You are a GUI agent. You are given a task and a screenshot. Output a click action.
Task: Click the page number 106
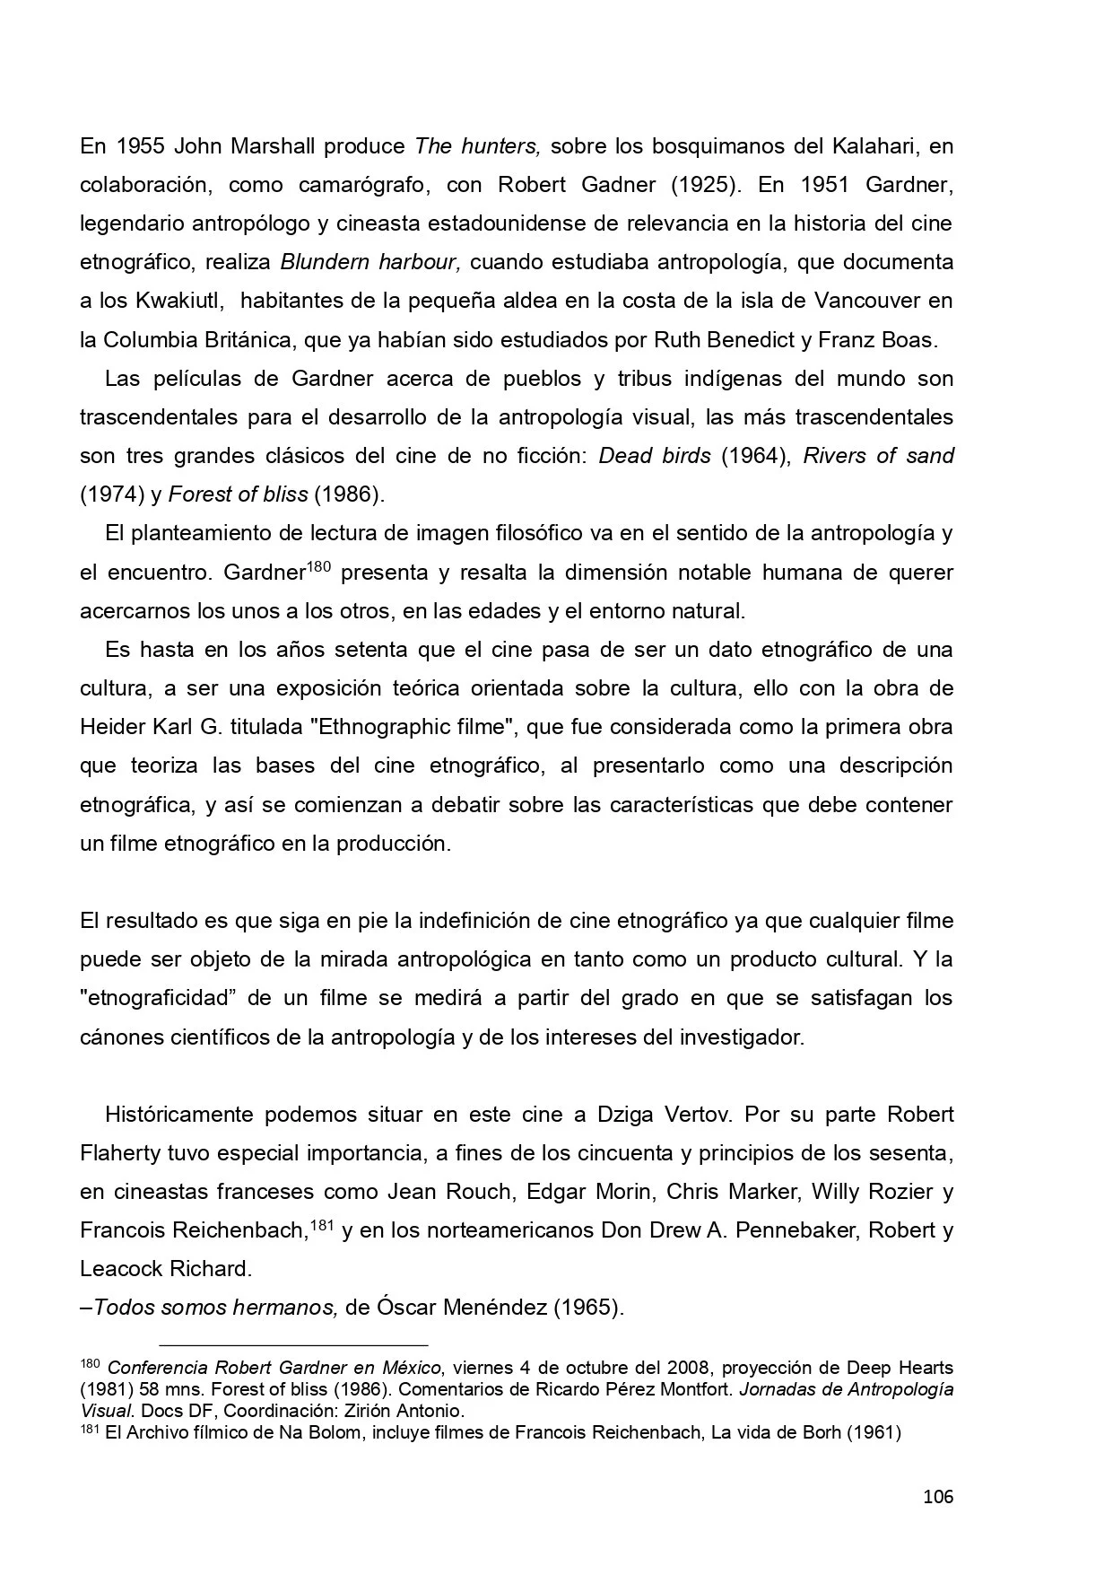937,1497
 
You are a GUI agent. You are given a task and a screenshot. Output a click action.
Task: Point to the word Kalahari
860,146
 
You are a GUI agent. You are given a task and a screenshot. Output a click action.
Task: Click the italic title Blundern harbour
370,263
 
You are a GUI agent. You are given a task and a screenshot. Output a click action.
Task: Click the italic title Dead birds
655,456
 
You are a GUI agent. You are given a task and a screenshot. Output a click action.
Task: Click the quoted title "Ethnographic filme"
412,727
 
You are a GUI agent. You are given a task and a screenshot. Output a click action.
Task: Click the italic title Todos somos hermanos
215,1308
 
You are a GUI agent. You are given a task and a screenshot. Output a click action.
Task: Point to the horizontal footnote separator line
293,1345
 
